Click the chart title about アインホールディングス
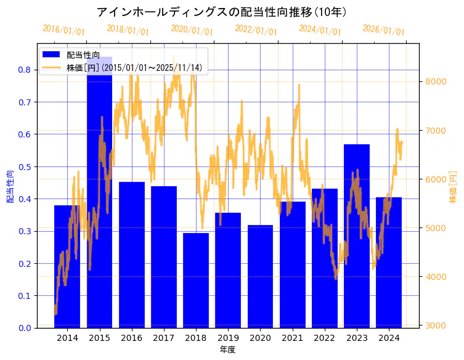click(222, 12)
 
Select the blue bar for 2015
click(99, 203)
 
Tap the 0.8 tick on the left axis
click(24, 70)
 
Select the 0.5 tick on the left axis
click(24, 166)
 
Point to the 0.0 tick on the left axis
click(24, 328)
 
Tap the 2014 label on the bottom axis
click(67, 338)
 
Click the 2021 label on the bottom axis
click(292, 338)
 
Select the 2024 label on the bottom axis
click(389, 338)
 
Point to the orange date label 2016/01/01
click(63, 30)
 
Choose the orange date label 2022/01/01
click(256, 30)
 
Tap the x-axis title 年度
click(227, 350)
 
